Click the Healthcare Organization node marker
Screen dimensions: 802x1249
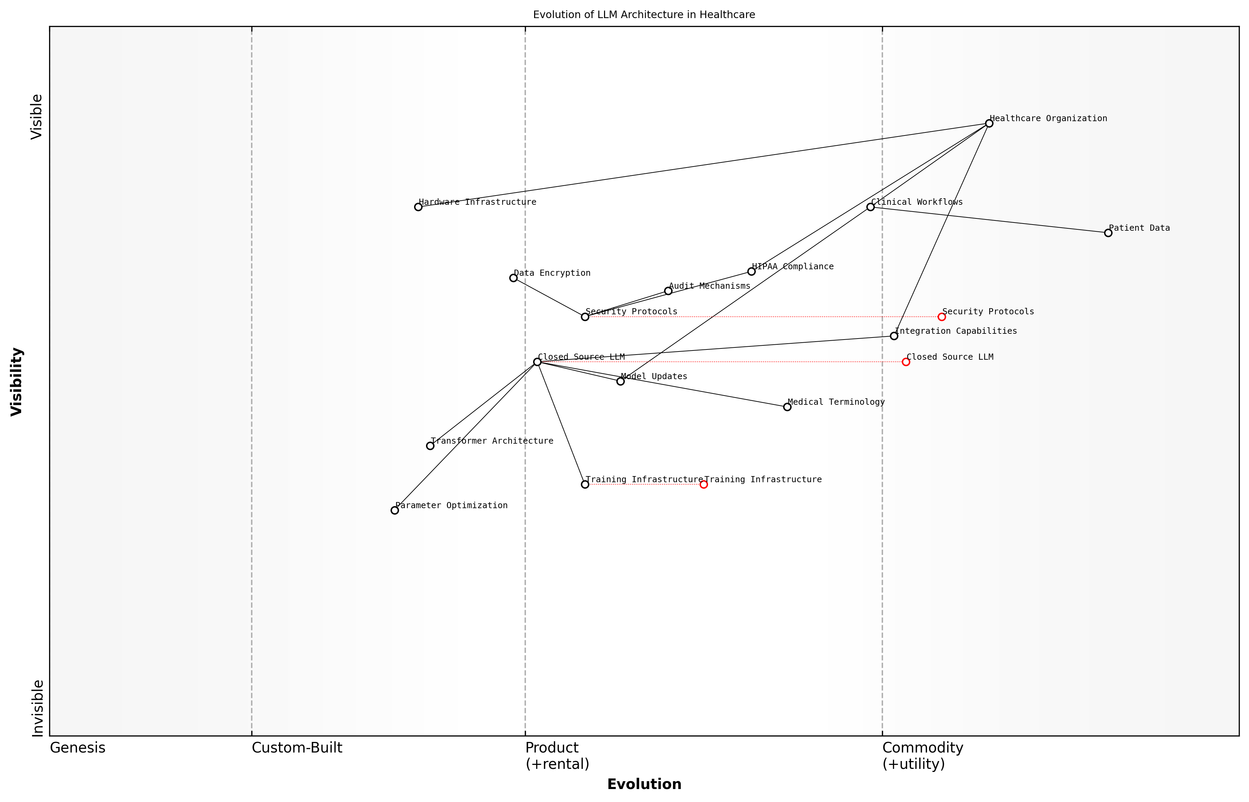(x=989, y=124)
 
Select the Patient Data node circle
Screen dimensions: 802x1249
(x=1108, y=233)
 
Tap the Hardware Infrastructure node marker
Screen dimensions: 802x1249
(x=418, y=207)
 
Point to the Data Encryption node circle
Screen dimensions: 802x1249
(x=513, y=277)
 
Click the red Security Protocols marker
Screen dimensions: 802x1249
(x=941, y=317)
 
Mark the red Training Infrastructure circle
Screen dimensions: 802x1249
(x=704, y=484)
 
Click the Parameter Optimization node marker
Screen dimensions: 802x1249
(x=395, y=510)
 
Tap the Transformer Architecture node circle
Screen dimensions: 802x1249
(x=430, y=446)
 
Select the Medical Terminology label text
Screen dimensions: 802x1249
(x=836, y=402)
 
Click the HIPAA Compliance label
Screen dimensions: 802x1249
(x=793, y=267)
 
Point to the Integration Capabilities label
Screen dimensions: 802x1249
(x=955, y=331)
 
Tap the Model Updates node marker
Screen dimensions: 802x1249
(x=620, y=381)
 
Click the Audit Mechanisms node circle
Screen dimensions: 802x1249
(x=668, y=290)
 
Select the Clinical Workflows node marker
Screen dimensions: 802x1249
(x=870, y=207)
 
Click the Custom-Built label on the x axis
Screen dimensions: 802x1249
(x=297, y=748)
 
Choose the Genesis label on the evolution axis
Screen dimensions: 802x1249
(x=77, y=748)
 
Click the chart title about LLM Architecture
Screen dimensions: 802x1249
(x=644, y=15)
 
